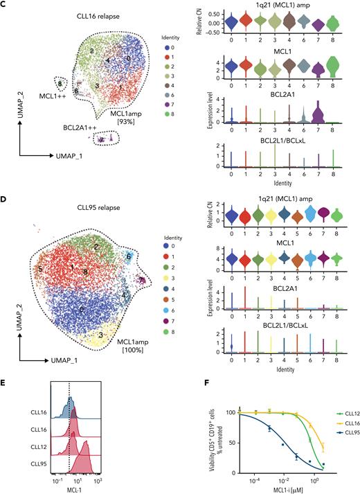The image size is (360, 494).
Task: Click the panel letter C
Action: tap(5, 5)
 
